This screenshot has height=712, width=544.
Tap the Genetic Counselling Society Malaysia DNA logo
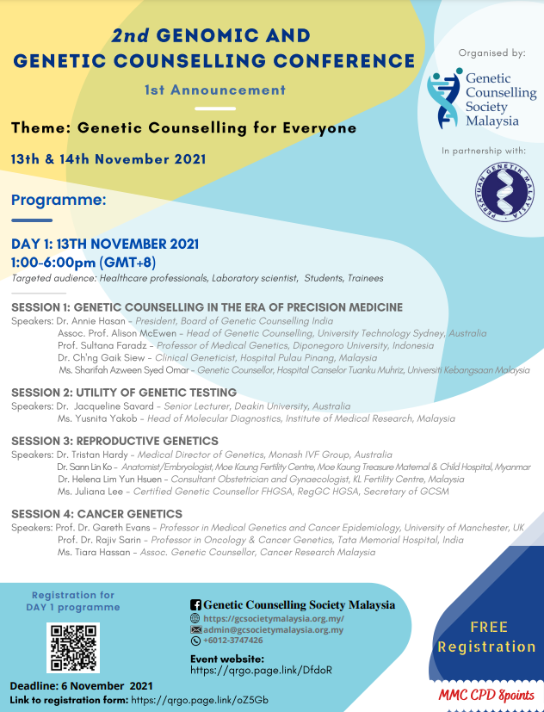click(446, 97)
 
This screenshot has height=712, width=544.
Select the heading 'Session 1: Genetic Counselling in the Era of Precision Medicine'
click(207, 307)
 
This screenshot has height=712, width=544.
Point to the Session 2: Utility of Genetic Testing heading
click(124, 393)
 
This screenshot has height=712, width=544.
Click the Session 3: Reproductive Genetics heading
click(114, 441)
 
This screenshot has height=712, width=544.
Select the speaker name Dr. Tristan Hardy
click(96, 455)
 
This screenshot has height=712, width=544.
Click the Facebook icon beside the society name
click(195, 605)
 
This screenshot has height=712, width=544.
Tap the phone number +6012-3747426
click(233, 641)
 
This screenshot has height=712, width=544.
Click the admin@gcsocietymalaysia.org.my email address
click(273, 629)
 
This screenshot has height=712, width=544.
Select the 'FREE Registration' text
click(487, 636)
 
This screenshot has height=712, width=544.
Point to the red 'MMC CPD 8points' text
click(486, 695)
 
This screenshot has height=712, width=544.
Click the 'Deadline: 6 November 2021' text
click(82, 685)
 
